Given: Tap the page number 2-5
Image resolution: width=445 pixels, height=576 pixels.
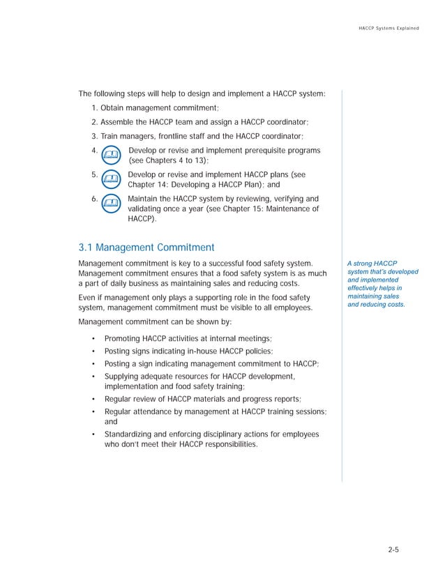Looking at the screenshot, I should (x=394, y=550).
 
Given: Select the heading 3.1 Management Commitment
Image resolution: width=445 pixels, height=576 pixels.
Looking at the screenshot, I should (x=146, y=247).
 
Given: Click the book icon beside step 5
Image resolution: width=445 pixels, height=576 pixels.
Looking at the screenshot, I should (x=110, y=179).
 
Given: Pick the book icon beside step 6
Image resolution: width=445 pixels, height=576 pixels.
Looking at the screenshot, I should (x=110, y=204).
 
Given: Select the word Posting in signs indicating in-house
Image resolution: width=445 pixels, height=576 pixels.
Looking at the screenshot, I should (x=119, y=351).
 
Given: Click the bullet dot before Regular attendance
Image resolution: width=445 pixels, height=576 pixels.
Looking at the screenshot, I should (x=93, y=412).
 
